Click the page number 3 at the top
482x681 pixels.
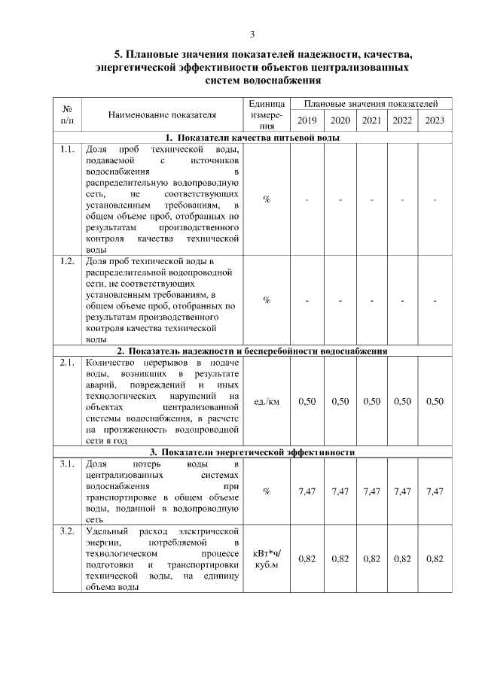pos(252,34)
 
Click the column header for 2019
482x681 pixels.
pos(307,120)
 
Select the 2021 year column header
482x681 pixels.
pos(371,120)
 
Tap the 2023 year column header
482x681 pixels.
pos(435,120)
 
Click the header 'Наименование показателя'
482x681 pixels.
pos(162,115)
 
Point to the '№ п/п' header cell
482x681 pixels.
pos(67,114)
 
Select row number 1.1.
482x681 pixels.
pos(67,149)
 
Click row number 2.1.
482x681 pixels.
pos(67,363)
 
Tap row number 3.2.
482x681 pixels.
pos(67,532)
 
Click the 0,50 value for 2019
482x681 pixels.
pos(307,402)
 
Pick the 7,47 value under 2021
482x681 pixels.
pos(371,491)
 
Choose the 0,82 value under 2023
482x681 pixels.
pos(435,559)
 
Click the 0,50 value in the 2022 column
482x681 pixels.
pos(402,402)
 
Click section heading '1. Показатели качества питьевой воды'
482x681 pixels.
pos(252,138)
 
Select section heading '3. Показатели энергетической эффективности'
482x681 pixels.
pos(252,452)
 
